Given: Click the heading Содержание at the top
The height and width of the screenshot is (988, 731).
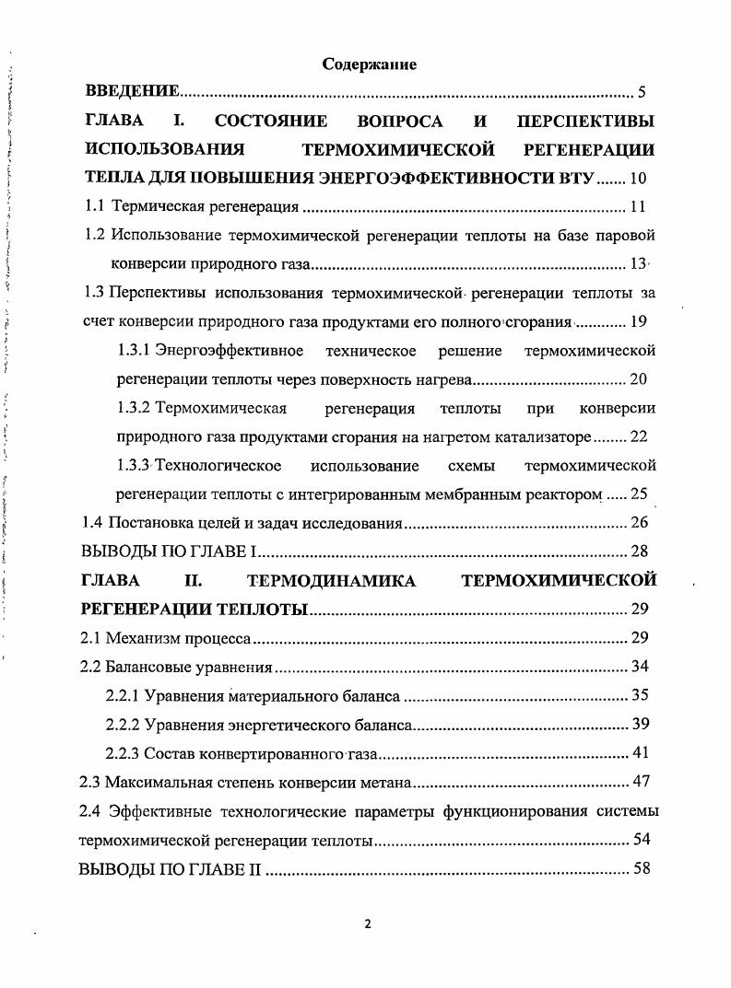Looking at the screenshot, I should (369, 64).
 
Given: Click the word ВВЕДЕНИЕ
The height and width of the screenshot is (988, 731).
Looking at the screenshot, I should (131, 92).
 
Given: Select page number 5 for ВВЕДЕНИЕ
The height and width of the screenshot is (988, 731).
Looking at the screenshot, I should (642, 92).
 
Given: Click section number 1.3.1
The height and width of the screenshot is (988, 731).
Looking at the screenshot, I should (136, 351).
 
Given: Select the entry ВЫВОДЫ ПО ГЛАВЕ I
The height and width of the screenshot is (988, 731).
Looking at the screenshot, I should (168, 552).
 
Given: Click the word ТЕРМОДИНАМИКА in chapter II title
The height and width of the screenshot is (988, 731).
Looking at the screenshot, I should (333, 580).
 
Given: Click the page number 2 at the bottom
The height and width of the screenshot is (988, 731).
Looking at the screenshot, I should (367, 925).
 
